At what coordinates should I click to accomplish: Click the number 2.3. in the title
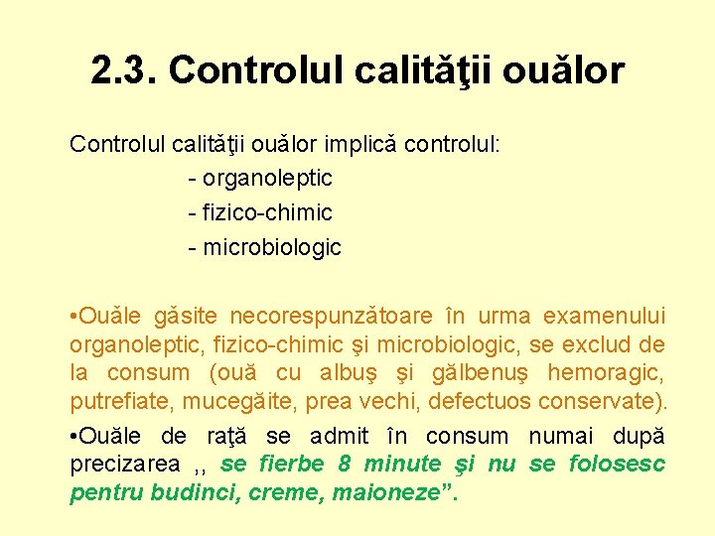[123, 70]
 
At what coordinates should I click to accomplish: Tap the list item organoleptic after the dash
[268, 179]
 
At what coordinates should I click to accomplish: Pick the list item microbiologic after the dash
[272, 247]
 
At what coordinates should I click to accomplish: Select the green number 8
[345, 464]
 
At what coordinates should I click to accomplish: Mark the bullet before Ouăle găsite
[73, 317]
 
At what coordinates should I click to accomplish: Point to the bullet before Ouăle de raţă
[73, 436]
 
